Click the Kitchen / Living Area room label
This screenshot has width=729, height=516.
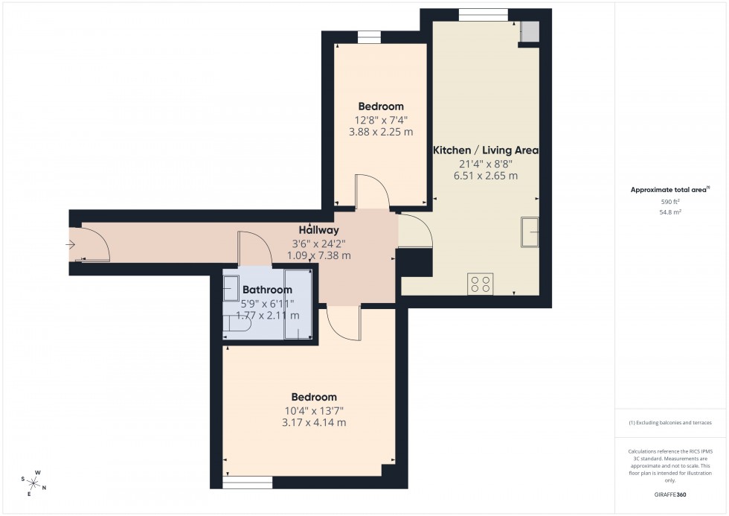(x=486, y=150)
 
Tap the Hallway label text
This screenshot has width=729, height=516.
(x=318, y=230)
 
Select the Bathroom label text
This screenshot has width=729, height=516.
(x=267, y=290)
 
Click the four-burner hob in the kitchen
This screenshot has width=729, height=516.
(x=481, y=284)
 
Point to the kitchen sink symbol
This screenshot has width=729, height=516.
(x=530, y=231)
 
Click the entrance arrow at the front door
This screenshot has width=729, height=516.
(x=71, y=244)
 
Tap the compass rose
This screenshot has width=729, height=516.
(x=34, y=484)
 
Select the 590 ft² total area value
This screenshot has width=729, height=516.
(x=671, y=202)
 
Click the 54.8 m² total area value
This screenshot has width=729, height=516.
(x=671, y=211)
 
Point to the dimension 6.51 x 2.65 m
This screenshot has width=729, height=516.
(x=486, y=176)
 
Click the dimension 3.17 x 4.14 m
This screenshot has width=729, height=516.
(x=313, y=423)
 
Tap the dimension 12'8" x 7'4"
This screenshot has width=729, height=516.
(x=381, y=119)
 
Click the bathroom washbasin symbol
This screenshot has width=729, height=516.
(x=231, y=287)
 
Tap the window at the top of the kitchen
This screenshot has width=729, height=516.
(x=484, y=14)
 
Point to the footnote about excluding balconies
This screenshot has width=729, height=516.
(x=670, y=422)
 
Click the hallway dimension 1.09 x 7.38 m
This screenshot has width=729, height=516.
(x=318, y=255)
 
